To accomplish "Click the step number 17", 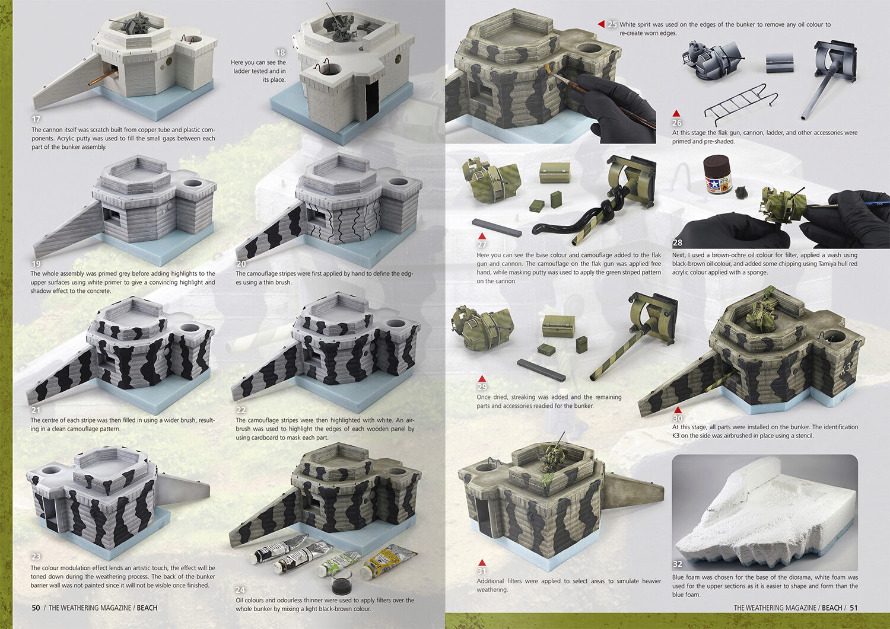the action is pos(36,119).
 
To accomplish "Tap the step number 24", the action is pos(240,590).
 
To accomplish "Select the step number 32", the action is pos(678,564).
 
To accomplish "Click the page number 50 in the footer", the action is pos(36,608).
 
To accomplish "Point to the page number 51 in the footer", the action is pos(853,608).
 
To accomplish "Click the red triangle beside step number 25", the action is pos(602,25).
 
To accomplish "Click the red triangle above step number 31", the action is pos(482,562).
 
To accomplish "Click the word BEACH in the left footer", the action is pos(147,608).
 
